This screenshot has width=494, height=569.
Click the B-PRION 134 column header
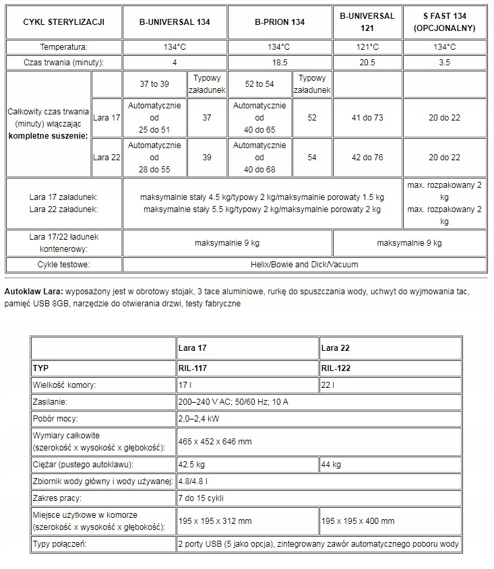[280, 22]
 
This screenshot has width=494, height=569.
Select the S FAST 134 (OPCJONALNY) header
[444, 22]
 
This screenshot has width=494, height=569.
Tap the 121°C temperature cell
[367, 47]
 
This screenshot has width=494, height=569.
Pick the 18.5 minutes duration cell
[280, 62]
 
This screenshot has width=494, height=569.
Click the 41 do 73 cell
[367, 118]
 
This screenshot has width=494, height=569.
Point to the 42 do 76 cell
[367, 157]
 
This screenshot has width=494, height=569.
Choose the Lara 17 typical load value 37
[207, 118]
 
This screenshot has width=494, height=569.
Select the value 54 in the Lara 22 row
[312, 157]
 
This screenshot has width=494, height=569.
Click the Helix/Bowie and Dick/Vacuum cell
[305, 265]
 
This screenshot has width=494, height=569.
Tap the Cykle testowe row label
[64, 265]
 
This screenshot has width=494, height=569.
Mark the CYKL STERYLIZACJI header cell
[63, 22]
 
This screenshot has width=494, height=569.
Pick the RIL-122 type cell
[336, 368]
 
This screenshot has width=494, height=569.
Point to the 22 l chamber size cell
[328, 385]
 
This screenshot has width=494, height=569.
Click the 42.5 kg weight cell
[193, 465]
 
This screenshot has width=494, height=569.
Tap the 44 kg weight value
[331, 465]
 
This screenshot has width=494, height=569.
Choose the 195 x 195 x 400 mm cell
[357, 521]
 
